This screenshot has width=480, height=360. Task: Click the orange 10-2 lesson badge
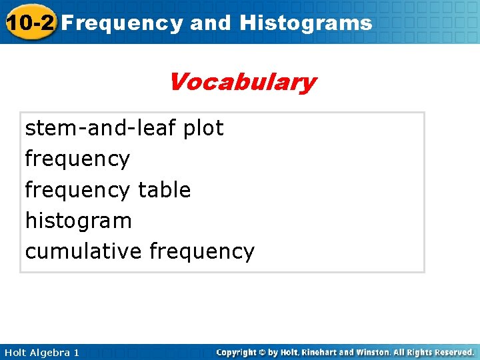29,22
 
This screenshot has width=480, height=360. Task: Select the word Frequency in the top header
123,23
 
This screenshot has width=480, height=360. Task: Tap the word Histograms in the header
305,23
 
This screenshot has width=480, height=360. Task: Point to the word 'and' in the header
211,23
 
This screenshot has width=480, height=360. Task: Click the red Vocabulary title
241,83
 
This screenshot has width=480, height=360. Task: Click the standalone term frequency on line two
77,159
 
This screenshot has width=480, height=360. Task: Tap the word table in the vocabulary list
164,190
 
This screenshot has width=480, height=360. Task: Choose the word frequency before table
77,191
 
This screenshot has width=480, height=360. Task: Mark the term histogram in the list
79,221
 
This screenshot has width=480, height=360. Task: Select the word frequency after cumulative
202,252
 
